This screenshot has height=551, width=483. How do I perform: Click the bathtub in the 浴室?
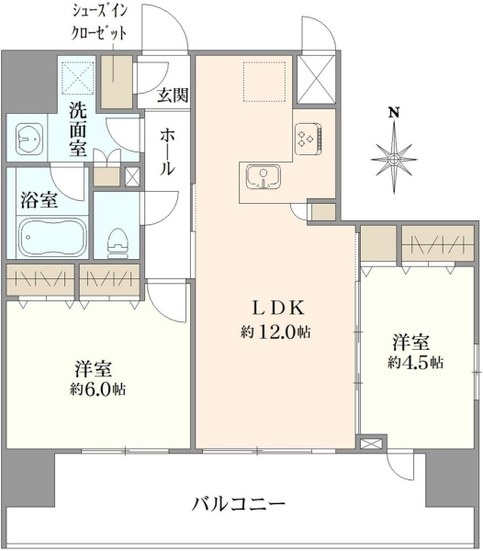click(x=52, y=238)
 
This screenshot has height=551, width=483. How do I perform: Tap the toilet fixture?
click(x=118, y=243)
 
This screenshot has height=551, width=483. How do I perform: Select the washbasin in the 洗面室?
click(x=29, y=140)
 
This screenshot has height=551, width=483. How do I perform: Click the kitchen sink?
click(x=264, y=176)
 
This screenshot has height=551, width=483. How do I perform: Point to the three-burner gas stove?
click(x=308, y=139)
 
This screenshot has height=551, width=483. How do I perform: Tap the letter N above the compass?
click(x=394, y=113)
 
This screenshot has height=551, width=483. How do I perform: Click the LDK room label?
click(x=278, y=309)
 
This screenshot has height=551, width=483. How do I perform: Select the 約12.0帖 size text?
click(x=275, y=332)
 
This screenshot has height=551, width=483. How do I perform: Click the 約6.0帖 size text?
click(x=97, y=389)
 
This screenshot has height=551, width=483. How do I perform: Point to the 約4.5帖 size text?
click(x=415, y=363)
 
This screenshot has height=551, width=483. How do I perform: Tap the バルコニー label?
click(x=239, y=504)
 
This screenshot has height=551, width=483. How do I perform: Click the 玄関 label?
click(x=173, y=95)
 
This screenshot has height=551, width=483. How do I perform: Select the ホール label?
click(x=167, y=152)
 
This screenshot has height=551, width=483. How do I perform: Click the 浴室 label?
click(x=39, y=200)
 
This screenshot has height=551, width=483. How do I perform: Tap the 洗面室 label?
click(x=78, y=129)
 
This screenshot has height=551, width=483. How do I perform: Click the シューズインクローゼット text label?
click(x=99, y=22)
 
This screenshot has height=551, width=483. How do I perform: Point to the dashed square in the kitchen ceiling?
click(x=264, y=82)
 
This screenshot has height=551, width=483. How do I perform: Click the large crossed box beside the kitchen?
click(x=316, y=79)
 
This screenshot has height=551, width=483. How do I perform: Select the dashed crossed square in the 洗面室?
click(x=78, y=78)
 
